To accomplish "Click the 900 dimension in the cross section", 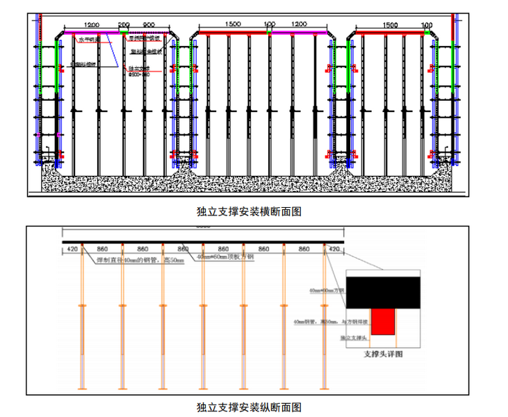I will (148, 24).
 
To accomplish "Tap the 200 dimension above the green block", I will (124, 24).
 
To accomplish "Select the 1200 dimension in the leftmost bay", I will (92, 24).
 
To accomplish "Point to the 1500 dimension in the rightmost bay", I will (391, 24).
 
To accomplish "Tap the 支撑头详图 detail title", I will (384, 354).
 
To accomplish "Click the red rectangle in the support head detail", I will (382, 321).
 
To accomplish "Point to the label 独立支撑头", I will (353, 338).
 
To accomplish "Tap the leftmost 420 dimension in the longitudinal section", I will (72, 248).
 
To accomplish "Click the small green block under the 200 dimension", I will (124, 31).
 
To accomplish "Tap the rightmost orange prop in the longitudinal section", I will (324, 320).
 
